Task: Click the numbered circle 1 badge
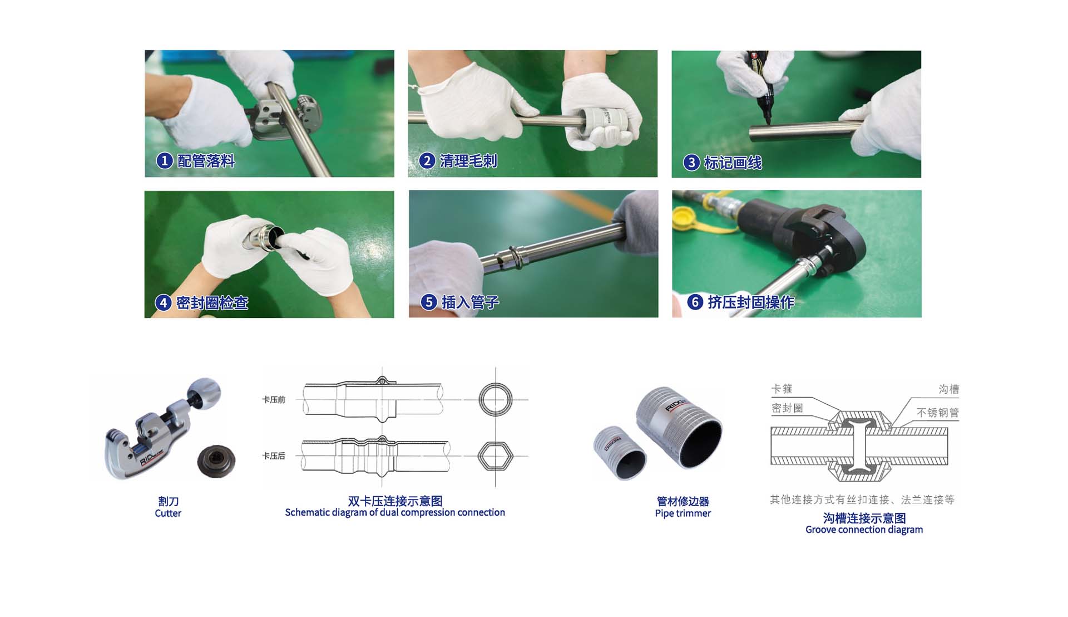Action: [x=164, y=161]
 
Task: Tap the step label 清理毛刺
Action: [x=468, y=161]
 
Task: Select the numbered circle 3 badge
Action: [x=691, y=163]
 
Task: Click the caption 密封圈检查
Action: [x=212, y=303]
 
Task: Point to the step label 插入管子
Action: [x=471, y=302]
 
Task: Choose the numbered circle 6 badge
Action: [x=695, y=302]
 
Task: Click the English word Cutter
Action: [x=168, y=513]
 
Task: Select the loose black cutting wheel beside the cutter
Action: [x=216, y=460]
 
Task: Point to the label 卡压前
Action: [x=274, y=400]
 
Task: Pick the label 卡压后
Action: [x=274, y=456]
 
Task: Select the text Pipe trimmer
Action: [x=683, y=513]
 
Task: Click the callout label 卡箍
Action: [x=782, y=389]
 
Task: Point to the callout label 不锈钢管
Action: [x=937, y=413]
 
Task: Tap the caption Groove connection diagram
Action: [x=864, y=530]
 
